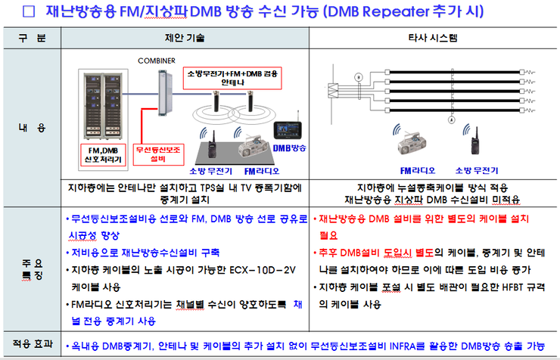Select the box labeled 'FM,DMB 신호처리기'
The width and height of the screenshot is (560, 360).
pyautogui.click(x=103, y=154)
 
